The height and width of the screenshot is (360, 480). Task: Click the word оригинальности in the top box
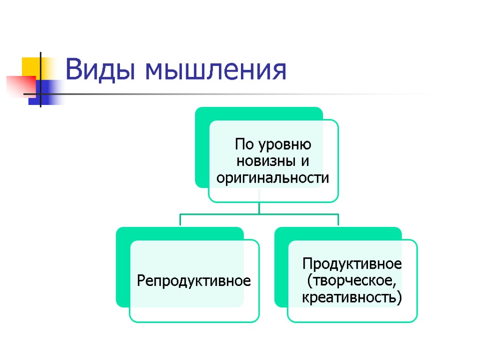point(271,179)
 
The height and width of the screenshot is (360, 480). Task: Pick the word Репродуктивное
point(194,281)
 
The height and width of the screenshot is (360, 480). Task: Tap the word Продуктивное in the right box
point(352,264)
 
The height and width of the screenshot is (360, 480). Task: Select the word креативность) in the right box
point(352,298)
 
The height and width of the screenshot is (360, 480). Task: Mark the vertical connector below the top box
point(259,208)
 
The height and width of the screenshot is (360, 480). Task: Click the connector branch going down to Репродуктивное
point(180,220)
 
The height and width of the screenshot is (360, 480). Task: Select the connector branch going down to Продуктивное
point(338,220)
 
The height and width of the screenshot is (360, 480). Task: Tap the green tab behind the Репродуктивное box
point(123,267)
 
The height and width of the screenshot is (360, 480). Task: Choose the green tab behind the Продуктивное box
point(281,267)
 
